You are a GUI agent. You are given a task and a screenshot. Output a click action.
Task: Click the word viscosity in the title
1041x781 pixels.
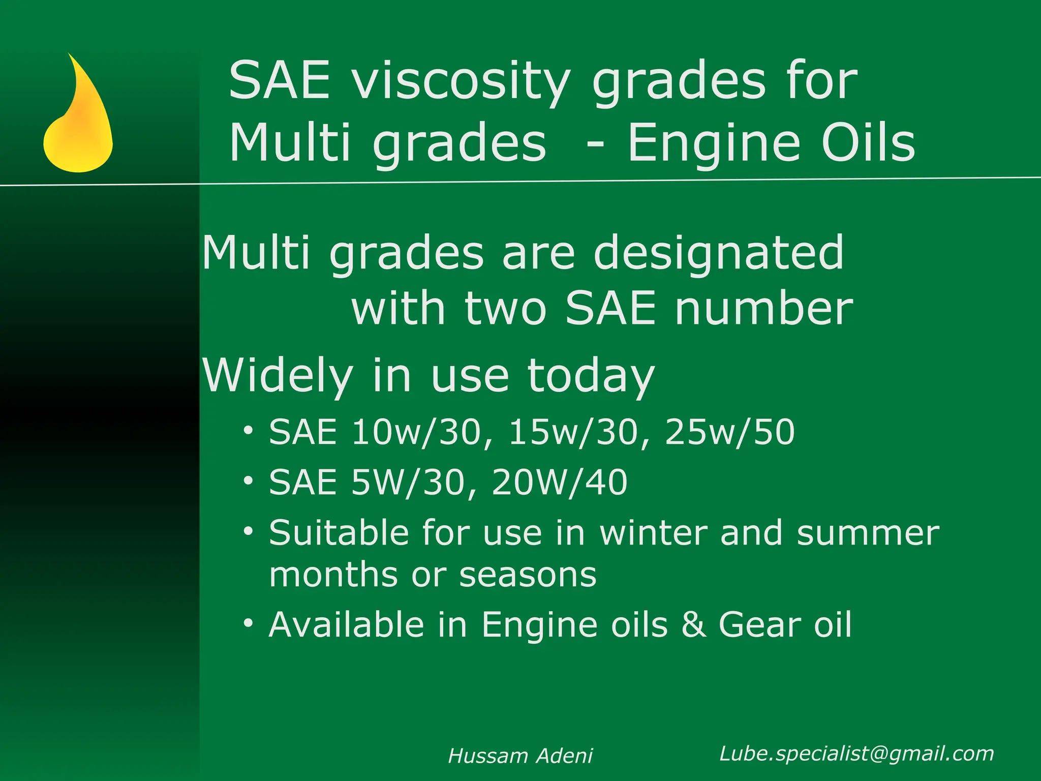pos(461,81)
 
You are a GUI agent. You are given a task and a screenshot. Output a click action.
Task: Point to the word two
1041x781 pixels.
pos(505,309)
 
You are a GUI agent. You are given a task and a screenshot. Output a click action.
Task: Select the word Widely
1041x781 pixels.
pos(278,376)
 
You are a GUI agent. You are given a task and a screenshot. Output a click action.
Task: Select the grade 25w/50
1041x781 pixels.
pos(729,433)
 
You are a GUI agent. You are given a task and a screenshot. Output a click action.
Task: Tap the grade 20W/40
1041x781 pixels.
pos(559,482)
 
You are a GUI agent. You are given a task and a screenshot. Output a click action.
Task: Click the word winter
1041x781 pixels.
pos(654,533)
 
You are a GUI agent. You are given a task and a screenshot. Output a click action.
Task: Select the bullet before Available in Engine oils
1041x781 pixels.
pos(248,623)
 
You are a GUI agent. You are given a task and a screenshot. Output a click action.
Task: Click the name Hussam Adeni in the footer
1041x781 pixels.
pos(520,756)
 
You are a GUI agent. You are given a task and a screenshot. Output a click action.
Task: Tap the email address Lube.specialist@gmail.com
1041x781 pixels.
pos(856,754)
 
